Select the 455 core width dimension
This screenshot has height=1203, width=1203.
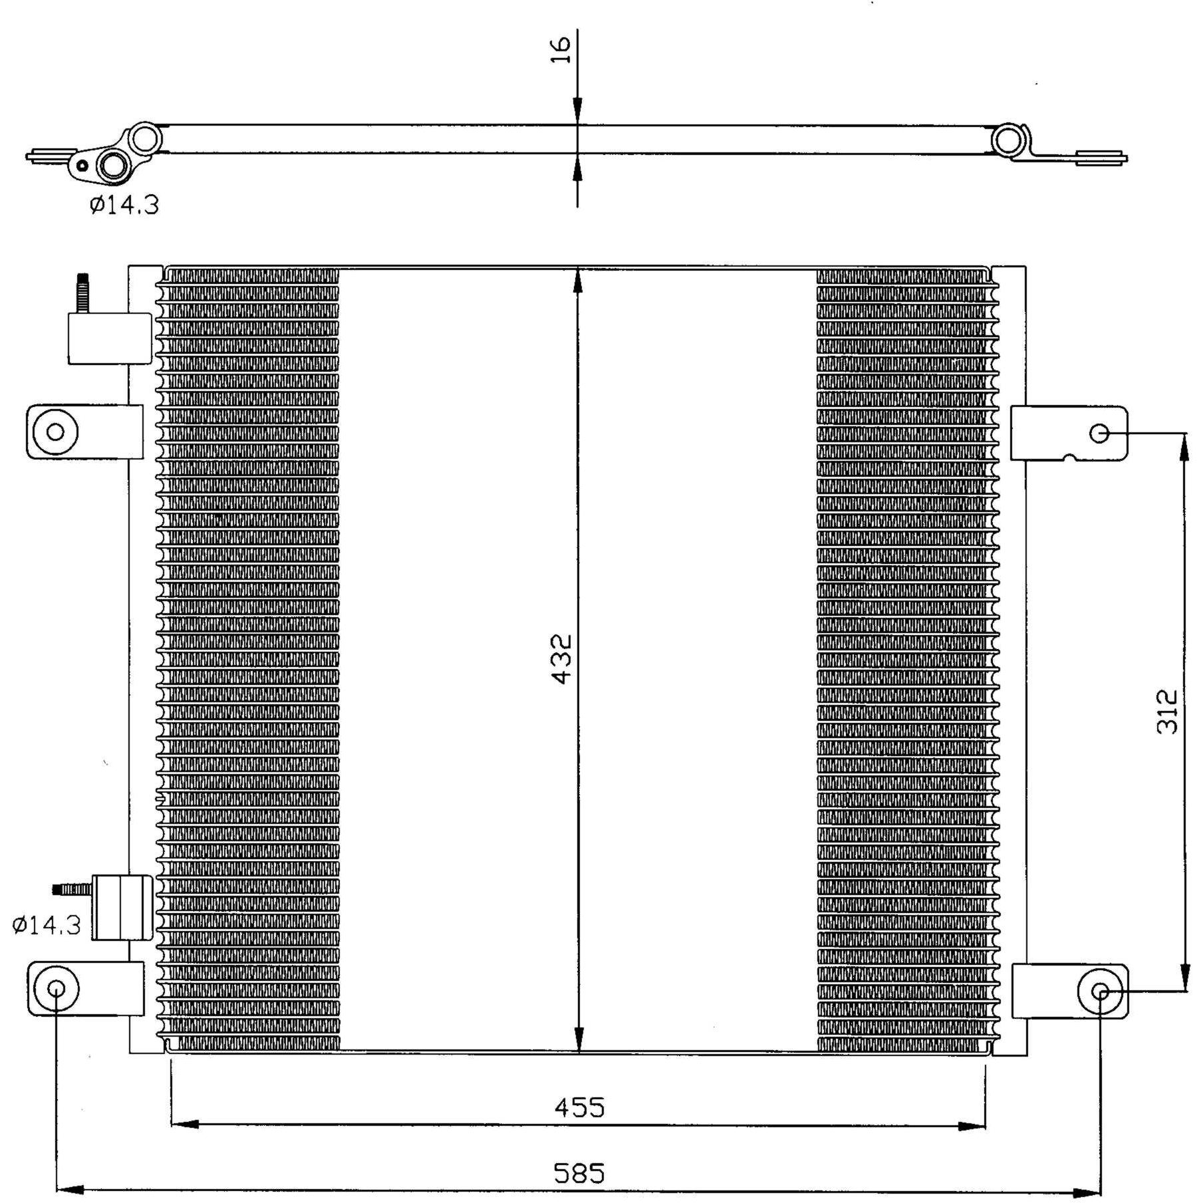point(580,1108)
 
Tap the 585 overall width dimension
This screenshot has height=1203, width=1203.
point(580,1174)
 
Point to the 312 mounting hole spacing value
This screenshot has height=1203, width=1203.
point(1168,712)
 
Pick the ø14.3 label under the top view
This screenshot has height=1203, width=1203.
point(124,205)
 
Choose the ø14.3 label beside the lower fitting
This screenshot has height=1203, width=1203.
point(47,925)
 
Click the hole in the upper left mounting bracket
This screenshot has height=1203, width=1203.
point(56,432)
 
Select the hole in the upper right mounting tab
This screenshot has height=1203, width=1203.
point(1100,434)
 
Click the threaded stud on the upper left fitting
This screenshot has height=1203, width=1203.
point(82,293)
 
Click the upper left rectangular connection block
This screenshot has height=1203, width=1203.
point(110,338)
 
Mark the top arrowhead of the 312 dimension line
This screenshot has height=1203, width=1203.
point(1184,448)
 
